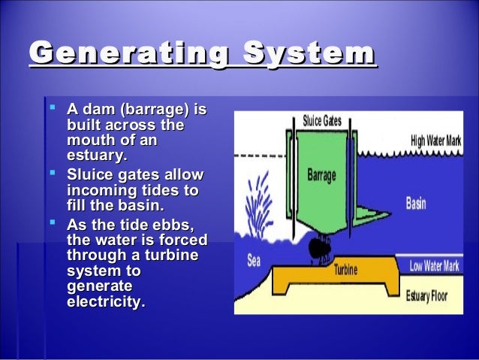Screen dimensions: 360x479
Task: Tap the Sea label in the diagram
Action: [x=254, y=262]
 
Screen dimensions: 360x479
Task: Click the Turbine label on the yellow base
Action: [x=345, y=269]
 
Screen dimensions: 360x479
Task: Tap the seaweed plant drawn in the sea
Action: [x=260, y=195]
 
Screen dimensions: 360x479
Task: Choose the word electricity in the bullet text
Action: [x=106, y=303]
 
